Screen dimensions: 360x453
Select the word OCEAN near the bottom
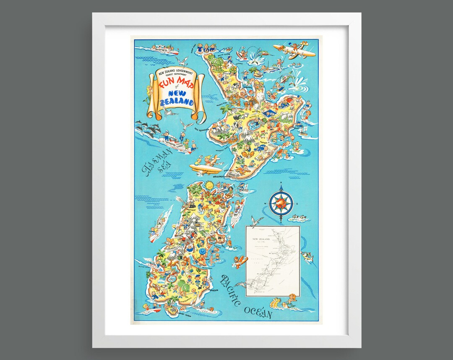click(258, 313)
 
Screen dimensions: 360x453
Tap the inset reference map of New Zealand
click(273, 261)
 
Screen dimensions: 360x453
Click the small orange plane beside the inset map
click(240, 261)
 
